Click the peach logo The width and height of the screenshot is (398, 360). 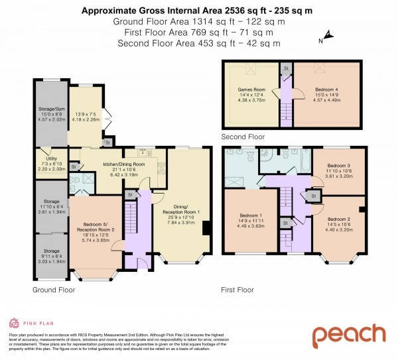(x=349, y=335)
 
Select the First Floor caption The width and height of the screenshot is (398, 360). (x=237, y=290)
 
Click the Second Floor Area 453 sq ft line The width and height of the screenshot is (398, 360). (x=198, y=43)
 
